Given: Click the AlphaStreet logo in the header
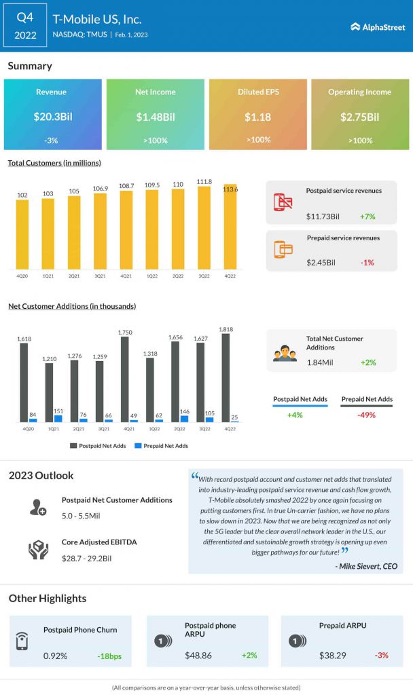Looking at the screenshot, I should [378, 26].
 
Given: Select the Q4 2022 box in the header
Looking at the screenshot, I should [24, 25].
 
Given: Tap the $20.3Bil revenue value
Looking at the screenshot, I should [52, 117].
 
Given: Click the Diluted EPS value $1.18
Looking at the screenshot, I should [257, 117].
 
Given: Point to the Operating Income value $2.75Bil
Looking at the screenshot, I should [359, 117].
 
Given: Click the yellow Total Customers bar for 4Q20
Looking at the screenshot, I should [22, 234].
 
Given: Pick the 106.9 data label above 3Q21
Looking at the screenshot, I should [100, 188].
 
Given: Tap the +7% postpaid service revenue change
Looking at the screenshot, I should [368, 217].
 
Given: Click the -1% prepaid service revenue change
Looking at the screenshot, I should [367, 262].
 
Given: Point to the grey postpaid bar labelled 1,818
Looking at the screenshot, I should [226, 377].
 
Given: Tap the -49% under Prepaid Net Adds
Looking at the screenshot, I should [367, 415].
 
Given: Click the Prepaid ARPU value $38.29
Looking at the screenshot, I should [333, 656].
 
